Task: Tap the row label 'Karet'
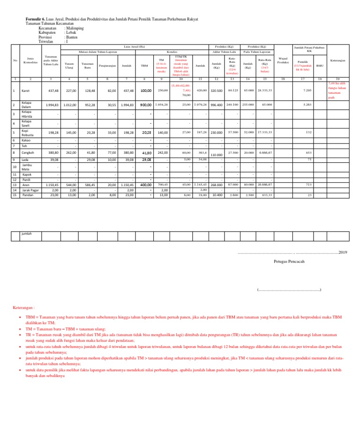26,90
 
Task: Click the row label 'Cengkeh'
29,152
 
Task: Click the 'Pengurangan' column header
108,66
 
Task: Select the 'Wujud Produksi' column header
283,60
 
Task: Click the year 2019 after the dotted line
343,252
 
